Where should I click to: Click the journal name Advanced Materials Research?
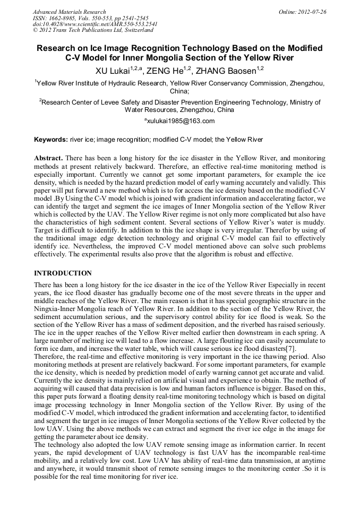click(x=69, y=12)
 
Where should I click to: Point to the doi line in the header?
click(x=95, y=24)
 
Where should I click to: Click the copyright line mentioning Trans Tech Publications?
click(x=92, y=31)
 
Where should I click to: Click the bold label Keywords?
click(x=50, y=140)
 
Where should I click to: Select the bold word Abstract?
click(x=48, y=158)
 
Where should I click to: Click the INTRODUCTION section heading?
click(x=63, y=273)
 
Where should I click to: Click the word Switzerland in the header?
click(x=135, y=31)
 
